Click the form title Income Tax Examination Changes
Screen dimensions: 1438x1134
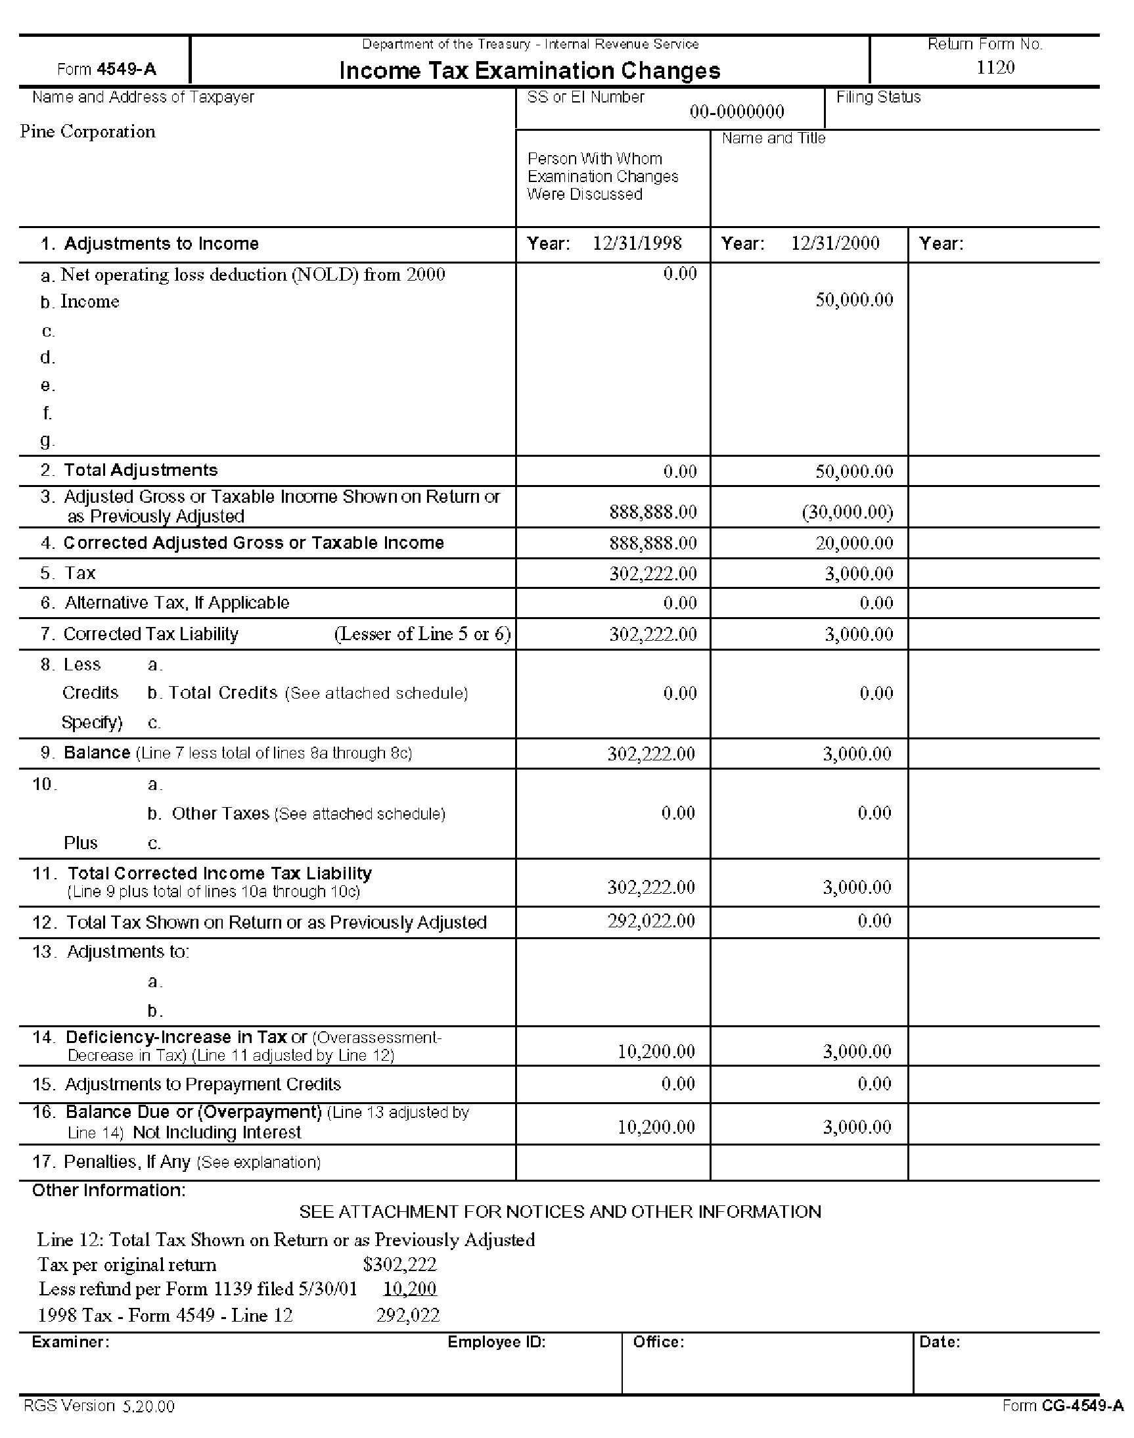coord(529,70)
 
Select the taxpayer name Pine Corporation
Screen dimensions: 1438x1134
coord(87,131)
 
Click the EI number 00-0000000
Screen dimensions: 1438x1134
coord(737,112)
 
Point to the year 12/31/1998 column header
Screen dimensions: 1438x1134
coord(637,243)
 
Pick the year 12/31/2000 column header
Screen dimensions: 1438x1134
coord(834,243)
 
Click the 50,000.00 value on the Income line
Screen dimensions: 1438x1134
coord(854,300)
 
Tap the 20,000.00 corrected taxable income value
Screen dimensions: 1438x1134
coord(854,544)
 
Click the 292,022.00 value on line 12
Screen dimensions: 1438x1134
coord(650,921)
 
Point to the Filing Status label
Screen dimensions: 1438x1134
coord(878,97)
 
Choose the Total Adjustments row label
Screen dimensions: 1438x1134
coord(140,471)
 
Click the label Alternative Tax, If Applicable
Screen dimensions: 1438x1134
coord(177,603)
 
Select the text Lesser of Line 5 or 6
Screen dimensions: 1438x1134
coord(422,634)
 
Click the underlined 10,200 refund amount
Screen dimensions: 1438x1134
coord(410,1289)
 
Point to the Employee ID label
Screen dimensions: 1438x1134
coord(496,1341)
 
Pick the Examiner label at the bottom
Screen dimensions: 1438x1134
coord(70,1341)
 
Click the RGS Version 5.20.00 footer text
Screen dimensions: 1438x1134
coord(99,1405)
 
